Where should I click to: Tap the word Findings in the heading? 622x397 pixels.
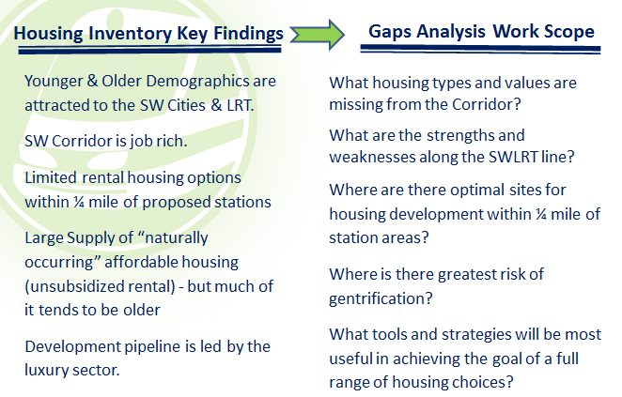coord(247,35)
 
